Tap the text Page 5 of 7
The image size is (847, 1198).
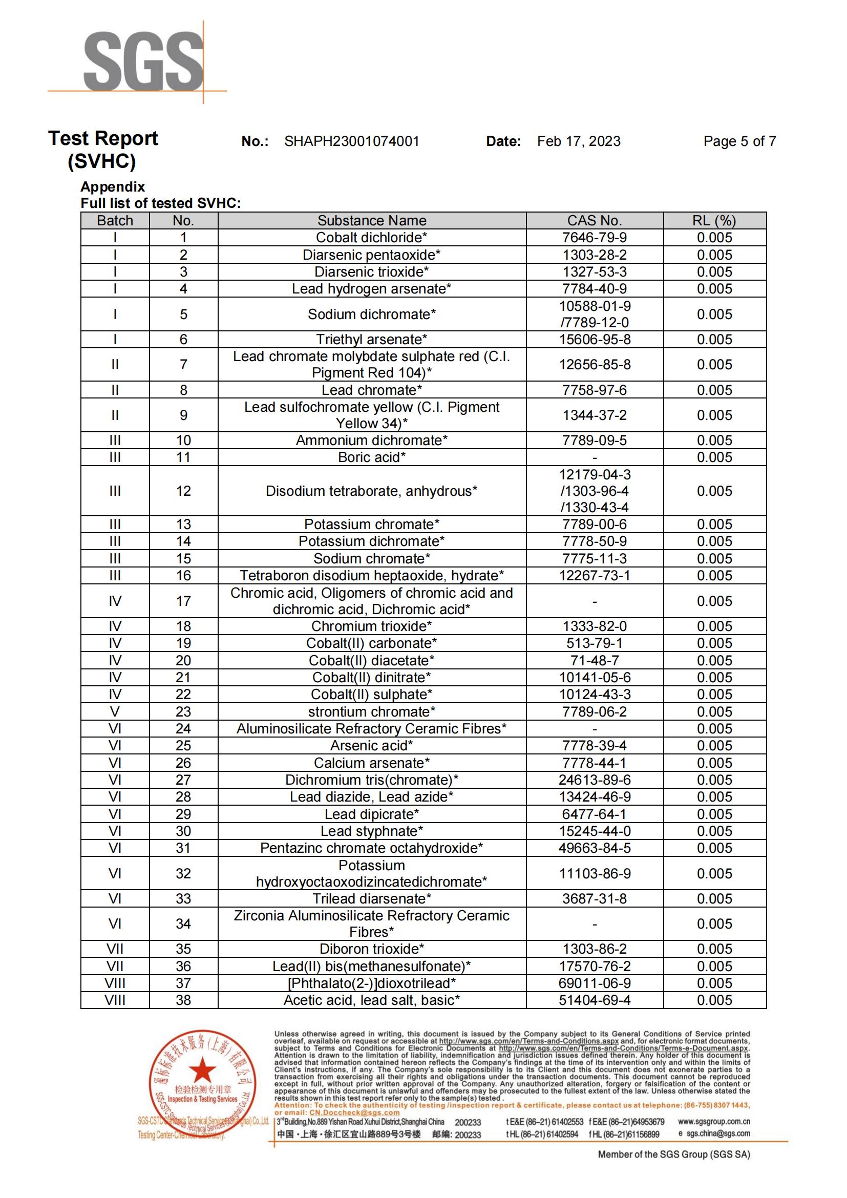[739, 141]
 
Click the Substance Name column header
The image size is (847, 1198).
[371, 221]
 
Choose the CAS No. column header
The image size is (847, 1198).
[594, 221]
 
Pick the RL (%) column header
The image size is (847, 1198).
[714, 221]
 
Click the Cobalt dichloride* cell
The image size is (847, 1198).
[371, 238]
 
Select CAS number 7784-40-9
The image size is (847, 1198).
[594, 289]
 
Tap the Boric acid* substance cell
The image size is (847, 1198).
[371, 457]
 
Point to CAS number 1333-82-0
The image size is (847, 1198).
[594, 626]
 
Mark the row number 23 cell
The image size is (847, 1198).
[183, 712]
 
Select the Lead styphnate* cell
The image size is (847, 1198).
[371, 831]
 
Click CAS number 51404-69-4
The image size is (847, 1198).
[594, 1000]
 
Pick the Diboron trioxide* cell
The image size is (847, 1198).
[371, 949]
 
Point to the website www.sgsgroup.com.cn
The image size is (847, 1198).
[713, 1121]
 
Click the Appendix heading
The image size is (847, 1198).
[113, 187]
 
